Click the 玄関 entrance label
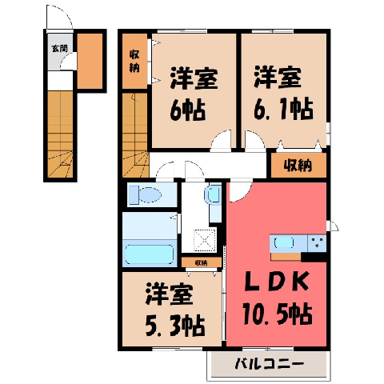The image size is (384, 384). [59, 49]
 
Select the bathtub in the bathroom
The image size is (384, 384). [150, 254]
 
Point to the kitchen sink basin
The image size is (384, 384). [284, 242]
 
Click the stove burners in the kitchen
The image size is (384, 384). [317, 242]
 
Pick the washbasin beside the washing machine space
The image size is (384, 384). [213, 194]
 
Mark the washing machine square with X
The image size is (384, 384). [205, 240]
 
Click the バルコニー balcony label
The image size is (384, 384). [270, 364]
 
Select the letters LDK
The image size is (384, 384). [278, 282]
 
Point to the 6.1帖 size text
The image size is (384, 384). [283, 109]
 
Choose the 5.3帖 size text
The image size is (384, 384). [175, 326]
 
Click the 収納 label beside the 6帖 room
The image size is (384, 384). [134, 62]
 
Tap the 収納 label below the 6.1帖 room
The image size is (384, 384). [298, 166]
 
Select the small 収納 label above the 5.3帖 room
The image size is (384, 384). [202, 263]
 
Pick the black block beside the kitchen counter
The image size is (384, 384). [314, 257]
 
